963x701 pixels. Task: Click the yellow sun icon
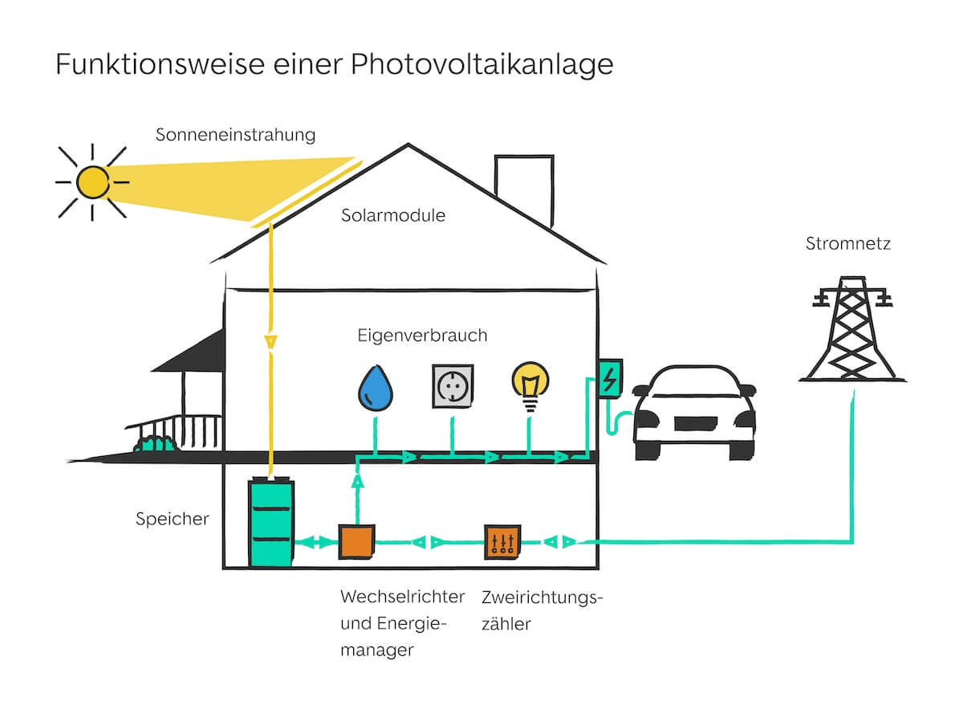[x=92, y=182]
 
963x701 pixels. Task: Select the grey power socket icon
[x=452, y=385]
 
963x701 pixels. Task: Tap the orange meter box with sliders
[x=502, y=543]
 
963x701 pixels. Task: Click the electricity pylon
[x=851, y=329]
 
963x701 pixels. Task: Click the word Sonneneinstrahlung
[x=235, y=134]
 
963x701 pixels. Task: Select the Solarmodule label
[x=392, y=215]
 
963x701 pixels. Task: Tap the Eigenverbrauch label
[x=422, y=335]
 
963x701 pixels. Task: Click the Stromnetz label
[x=847, y=243]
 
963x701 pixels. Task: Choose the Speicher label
[x=172, y=519]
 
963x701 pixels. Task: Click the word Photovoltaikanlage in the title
[x=481, y=64]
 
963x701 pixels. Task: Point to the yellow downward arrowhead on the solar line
[x=271, y=341]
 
